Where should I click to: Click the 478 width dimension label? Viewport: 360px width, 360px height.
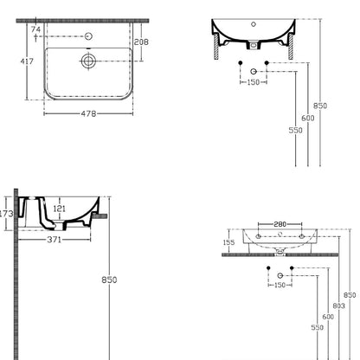click(x=88, y=113)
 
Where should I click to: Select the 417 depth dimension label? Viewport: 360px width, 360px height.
click(x=27, y=61)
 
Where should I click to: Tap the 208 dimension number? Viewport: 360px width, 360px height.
click(x=141, y=42)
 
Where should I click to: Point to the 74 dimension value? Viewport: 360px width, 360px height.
click(x=35, y=29)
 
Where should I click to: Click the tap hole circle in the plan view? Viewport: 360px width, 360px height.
click(x=88, y=36)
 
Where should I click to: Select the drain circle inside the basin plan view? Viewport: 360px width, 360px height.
click(x=88, y=61)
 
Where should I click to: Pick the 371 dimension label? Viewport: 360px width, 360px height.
click(x=55, y=240)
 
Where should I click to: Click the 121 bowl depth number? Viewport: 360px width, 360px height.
click(x=60, y=209)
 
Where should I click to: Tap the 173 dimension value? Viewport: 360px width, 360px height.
click(x=6, y=214)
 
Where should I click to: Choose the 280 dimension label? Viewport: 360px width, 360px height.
click(x=280, y=224)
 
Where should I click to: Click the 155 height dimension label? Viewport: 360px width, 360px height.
click(x=228, y=242)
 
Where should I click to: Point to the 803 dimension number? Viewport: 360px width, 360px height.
click(x=338, y=305)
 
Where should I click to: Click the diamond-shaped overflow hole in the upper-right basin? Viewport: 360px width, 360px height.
click(x=254, y=24)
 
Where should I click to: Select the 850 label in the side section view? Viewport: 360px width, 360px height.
click(x=109, y=280)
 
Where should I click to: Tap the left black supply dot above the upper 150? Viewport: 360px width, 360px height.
click(x=241, y=62)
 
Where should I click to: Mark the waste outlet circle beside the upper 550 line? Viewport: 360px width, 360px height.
click(x=254, y=71)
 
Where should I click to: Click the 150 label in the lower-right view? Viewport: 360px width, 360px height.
click(x=280, y=286)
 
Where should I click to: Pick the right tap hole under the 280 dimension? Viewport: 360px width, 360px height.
click(x=301, y=236)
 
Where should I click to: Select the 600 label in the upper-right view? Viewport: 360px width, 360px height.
click(x=308, y=119)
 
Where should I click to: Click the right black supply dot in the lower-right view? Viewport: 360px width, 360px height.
click(x=292, y=268)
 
